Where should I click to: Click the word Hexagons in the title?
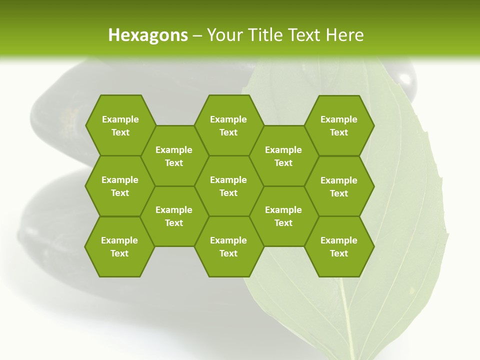pos(148,35)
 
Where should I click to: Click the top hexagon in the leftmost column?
pos(120,125)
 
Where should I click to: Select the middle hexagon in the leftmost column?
pos(120,186)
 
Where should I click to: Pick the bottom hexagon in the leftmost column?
pos(119,246)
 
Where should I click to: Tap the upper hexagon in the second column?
pos(174,156)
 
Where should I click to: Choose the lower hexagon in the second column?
pos(174,216)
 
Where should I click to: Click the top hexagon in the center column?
pos(228,125)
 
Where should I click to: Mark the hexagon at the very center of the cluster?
pos(228,186)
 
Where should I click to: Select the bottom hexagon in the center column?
pos(228,246)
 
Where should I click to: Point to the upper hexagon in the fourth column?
pos(283,156)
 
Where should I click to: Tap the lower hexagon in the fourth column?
pos(283,216)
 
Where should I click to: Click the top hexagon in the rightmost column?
pos(339,125)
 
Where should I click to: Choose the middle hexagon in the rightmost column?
pos(339,186)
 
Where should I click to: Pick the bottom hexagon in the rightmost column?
pos(339,246)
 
